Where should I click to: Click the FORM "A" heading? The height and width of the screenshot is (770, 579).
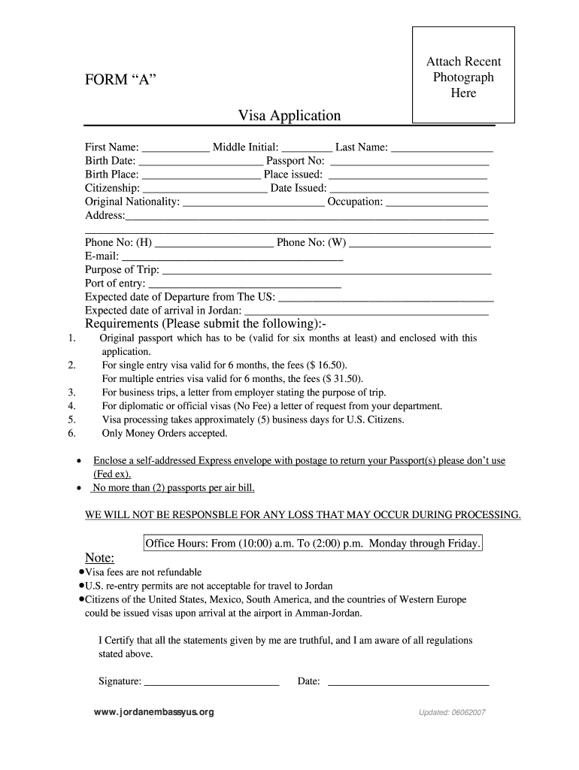click(120, 80)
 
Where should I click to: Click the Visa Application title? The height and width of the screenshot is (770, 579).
click(289, 115)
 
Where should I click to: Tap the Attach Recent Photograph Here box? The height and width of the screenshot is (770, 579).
click(463, 76)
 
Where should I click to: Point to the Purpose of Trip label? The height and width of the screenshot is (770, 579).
click(122, 270)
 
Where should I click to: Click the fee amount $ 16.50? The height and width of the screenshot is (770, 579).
click(324, 365)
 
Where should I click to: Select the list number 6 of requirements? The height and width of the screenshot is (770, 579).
click(71, 433)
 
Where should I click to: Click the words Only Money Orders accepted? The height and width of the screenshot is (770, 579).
click(165, 433)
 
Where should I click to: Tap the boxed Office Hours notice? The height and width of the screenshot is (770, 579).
click(312, 543)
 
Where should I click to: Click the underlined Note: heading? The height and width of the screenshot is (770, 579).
click(99, 558)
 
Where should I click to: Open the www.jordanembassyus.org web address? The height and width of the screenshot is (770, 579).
click(154, 712)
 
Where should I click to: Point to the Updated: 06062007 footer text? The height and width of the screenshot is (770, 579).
click(452, 713)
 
